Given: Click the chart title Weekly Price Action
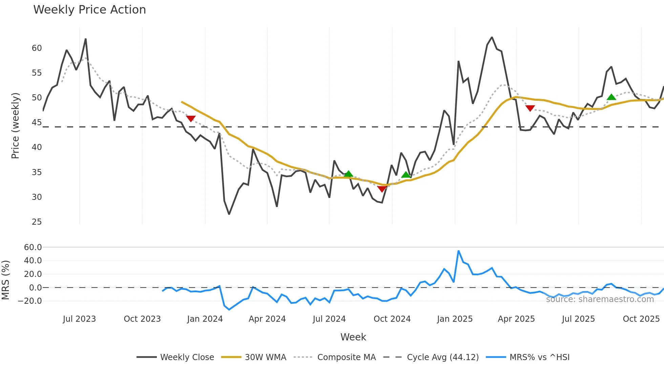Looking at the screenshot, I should point(89,10).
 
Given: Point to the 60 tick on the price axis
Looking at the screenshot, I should point(37,48).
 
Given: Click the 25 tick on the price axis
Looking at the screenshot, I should point(37,222).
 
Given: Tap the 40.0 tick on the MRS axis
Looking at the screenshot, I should point(33,261).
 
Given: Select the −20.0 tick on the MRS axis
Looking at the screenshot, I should point(30,301).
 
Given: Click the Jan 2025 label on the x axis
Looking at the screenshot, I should point(455,319).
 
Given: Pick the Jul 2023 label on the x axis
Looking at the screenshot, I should point(79,319).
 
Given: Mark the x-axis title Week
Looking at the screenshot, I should point(353,337).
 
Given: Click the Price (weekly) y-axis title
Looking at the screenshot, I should point(15,126).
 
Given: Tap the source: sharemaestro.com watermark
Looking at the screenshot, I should point(600,299).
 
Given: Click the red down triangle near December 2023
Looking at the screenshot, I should point(191,118).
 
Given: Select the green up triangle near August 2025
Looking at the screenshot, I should point(611,97).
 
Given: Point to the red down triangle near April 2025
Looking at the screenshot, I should point(530,108).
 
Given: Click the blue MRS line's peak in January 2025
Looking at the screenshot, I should point(458,251).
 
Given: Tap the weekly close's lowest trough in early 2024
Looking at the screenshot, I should point(229,214).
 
